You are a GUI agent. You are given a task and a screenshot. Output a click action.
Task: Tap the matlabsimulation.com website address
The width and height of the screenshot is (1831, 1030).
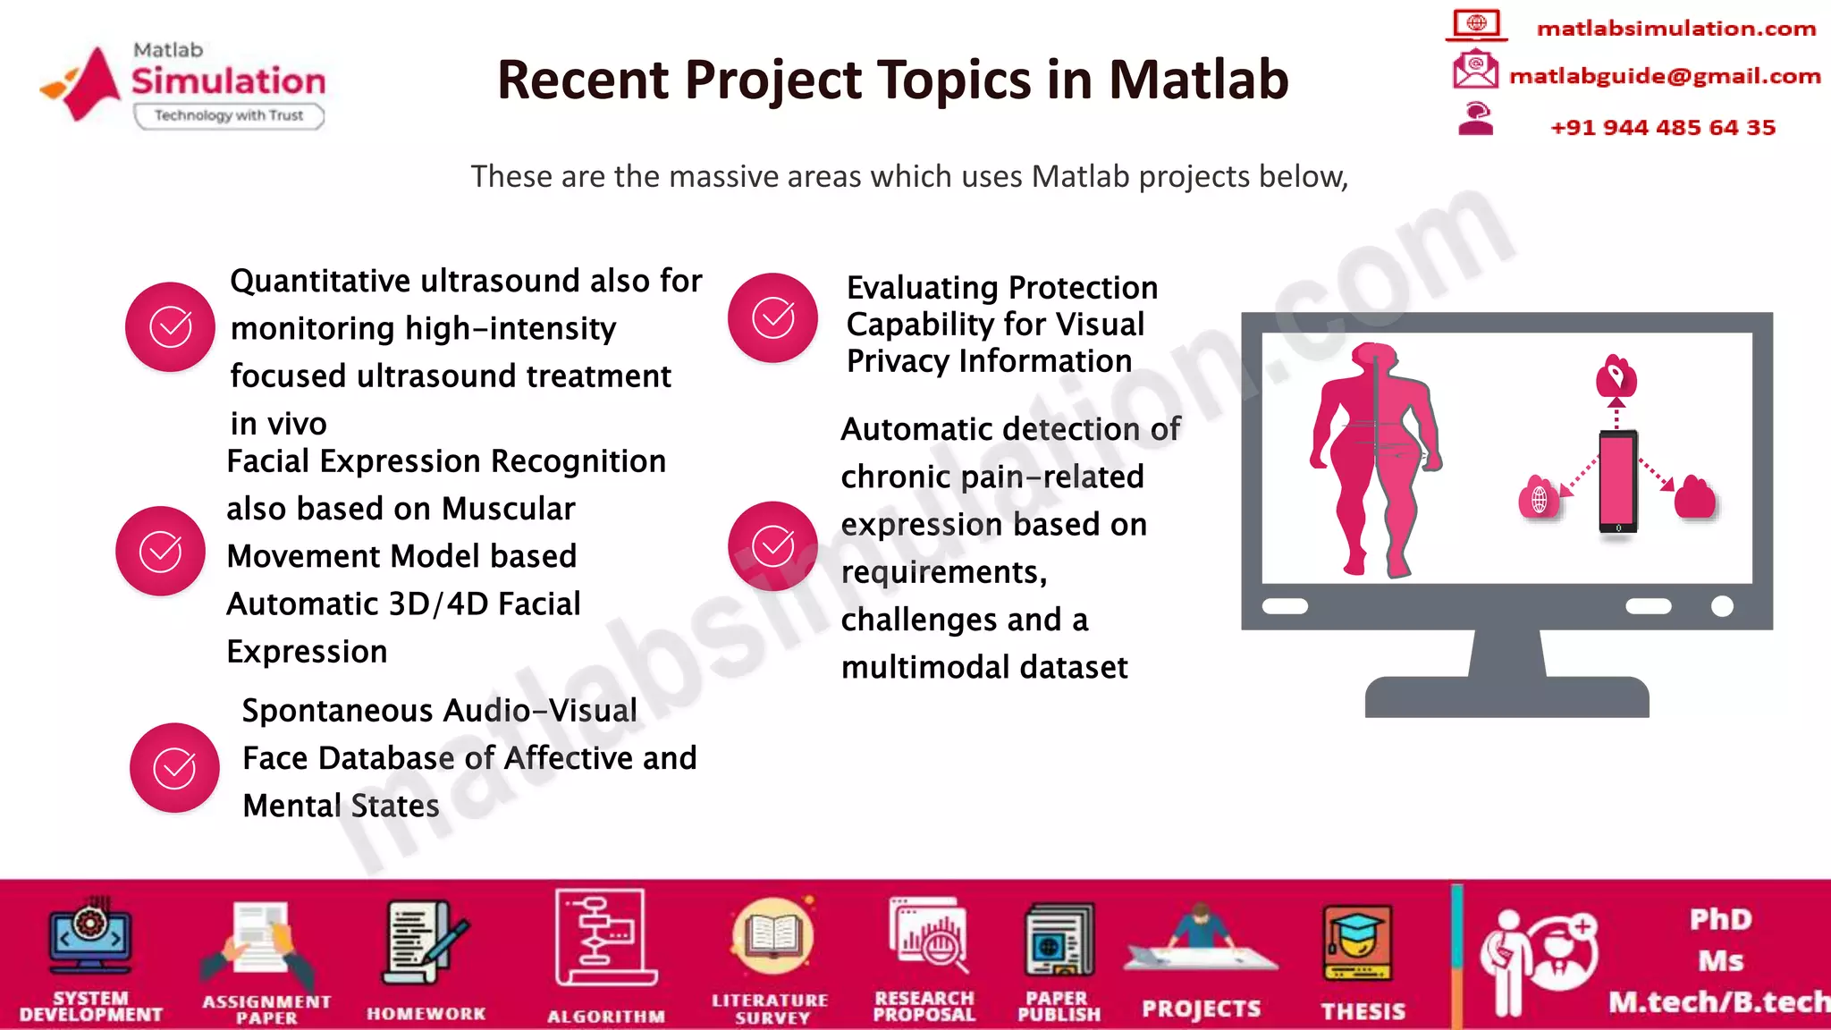click(x=1675, y=29)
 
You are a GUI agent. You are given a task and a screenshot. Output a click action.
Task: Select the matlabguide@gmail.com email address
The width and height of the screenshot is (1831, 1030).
click(x=1664, y=76)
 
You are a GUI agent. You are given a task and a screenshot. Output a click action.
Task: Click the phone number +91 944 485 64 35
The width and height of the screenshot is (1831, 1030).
click(x=1662, y=128)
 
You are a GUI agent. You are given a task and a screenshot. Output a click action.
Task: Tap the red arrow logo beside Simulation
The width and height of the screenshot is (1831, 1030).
click(x=85, y=83)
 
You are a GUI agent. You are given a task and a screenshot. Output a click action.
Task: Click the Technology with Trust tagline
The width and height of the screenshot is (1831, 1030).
click(x=228, y=115)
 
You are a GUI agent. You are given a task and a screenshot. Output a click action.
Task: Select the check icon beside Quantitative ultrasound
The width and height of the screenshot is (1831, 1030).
click(x=170, y=327)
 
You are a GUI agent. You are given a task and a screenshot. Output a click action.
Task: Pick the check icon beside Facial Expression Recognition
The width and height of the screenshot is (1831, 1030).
click(x=160, y=551)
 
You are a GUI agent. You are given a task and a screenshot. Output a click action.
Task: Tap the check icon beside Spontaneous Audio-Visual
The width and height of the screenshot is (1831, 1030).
click(x=174, y=768)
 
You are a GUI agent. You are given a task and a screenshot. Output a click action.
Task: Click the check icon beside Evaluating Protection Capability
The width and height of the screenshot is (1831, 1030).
click(x=772, y=317)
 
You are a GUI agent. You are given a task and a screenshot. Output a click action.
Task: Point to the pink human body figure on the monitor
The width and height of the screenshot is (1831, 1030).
click(x=1374, y=456)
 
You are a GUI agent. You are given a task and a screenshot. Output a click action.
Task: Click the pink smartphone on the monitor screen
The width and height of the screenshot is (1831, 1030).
click(x=1618, y=482)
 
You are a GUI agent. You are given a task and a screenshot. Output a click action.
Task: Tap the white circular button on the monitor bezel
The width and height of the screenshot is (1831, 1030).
click(x=1722, y=606)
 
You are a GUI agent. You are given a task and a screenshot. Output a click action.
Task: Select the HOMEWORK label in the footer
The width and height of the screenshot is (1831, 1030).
click(x=426, y=1014)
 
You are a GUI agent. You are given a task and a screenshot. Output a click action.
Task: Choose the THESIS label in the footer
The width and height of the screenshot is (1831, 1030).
click(x=1363, y=1011)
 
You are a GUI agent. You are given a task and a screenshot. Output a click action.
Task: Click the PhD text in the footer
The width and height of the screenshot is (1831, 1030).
click(x=1720, y=919)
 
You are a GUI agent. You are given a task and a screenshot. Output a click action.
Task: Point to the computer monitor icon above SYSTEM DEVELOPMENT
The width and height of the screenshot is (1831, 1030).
click(x=90, y=939)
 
